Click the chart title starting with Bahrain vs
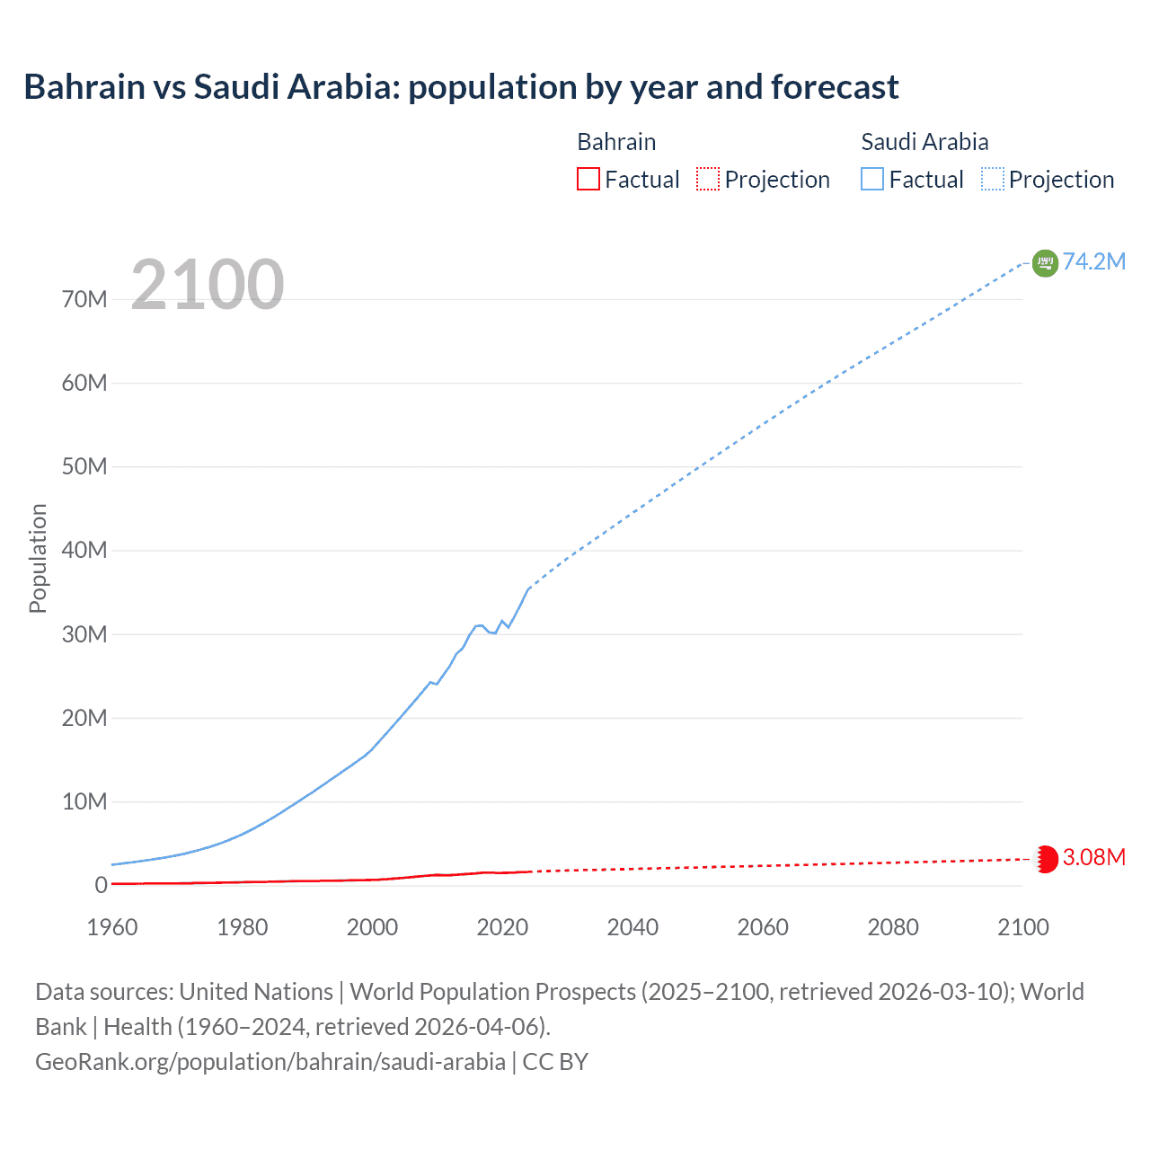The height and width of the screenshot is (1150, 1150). (461, 87)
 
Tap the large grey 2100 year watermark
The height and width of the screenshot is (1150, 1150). (208, 285)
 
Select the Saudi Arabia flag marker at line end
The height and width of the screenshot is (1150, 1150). (1045, 262)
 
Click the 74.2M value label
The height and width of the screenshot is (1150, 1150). (1093, 261)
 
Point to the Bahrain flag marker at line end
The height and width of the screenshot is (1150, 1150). (1047, 859)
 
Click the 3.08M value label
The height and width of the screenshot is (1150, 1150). (1093, 857)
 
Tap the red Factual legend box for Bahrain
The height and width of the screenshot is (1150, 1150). (588, 180)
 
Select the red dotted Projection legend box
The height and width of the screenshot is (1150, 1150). (708, 180)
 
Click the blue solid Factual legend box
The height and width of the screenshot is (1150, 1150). (872, 180)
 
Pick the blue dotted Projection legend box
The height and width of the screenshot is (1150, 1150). (993, 180)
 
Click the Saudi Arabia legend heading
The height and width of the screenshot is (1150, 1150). (924, 142)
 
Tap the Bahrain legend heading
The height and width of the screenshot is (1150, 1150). (616, 142)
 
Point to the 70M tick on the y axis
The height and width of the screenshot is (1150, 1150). (84, 299)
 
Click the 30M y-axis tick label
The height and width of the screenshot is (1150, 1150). (84, 634)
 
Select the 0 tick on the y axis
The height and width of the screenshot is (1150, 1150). (101, 885)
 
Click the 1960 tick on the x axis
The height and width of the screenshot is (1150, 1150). (112, 927)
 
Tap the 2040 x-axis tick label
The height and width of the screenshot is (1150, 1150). (632, 927)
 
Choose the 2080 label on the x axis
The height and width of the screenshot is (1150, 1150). (893, 927)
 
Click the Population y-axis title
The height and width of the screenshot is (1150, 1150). (38, 558)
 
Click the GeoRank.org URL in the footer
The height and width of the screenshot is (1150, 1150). (270, 1062)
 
